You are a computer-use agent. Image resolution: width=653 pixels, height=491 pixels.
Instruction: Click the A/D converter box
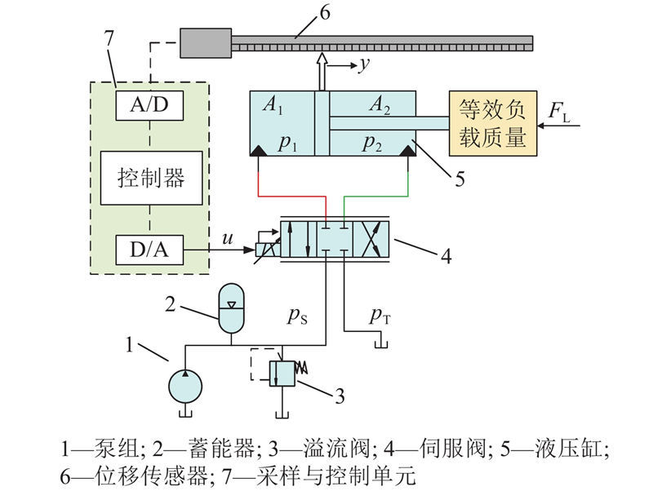coord(151,105)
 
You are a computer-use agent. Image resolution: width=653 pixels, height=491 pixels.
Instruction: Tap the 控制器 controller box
coord(151,176)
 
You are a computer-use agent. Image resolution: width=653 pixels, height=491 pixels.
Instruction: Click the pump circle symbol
coord(187,383)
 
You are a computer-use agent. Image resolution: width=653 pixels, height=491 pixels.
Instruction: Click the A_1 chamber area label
coord(272,105)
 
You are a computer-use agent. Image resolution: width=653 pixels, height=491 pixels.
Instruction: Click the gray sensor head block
coord(205,42)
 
